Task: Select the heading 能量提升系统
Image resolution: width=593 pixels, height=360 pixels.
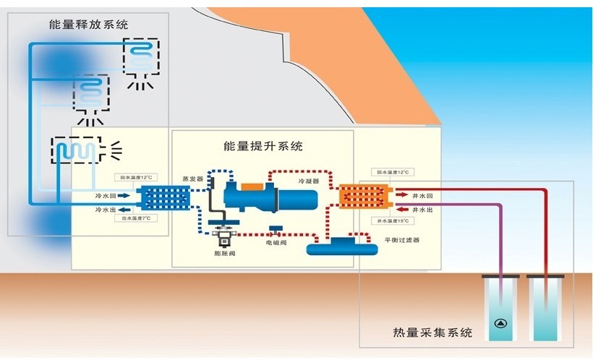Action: point(263,147)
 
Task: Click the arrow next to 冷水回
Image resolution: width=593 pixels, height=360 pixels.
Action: point(123,195)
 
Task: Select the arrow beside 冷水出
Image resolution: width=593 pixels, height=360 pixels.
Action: point(123,209)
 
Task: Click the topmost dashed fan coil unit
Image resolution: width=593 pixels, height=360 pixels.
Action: point(141,55)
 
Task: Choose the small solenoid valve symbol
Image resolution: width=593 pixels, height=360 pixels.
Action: point(276,231)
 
